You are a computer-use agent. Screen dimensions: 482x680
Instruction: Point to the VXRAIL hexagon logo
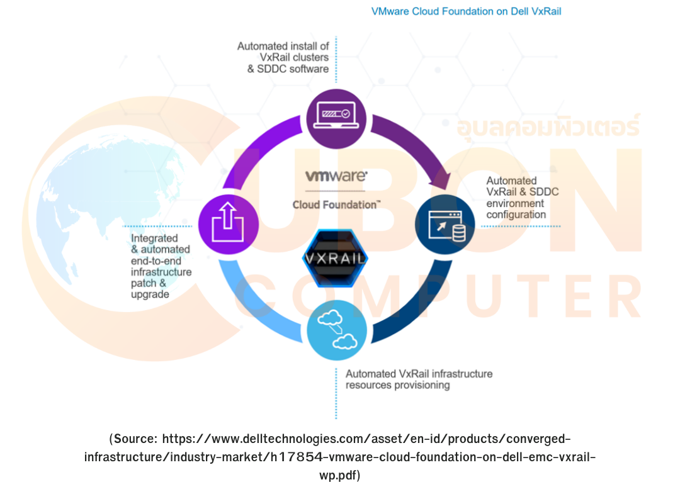click(334, 259)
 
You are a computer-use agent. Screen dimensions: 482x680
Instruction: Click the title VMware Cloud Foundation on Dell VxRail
click(467, 11)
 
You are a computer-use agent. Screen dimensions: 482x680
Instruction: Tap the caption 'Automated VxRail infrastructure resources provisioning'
click(419, 379)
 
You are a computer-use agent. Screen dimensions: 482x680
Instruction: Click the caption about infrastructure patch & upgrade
click(161, 266)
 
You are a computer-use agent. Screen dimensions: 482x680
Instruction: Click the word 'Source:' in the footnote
click(135, 439)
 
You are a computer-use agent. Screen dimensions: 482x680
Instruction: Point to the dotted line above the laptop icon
click(336, 60)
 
